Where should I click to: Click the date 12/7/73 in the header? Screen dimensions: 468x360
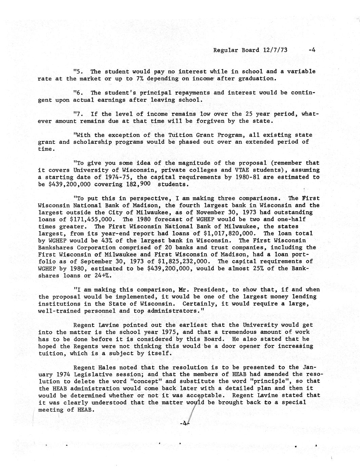[275, 50]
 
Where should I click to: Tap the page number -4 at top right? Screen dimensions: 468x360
[312, 50]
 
